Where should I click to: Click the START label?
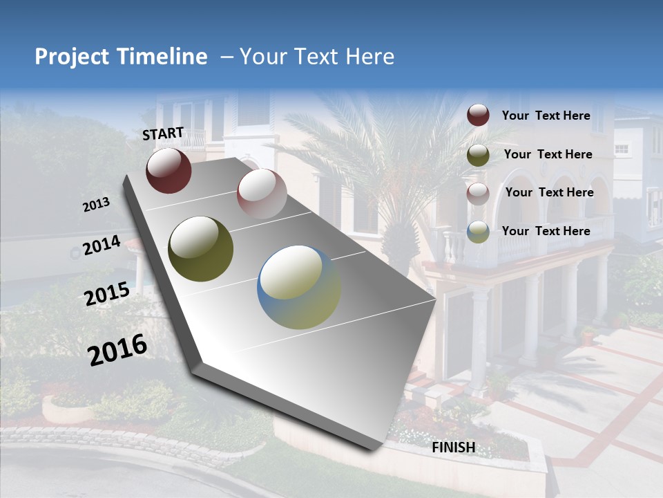click(163, 133)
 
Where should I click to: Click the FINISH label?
click(453, 448)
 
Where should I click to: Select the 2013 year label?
click(96, 204)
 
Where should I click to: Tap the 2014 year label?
click(102, 246)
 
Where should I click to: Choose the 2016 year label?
click(117, 350)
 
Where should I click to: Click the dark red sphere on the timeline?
click(169, 170)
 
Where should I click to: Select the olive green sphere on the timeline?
click(200, 249)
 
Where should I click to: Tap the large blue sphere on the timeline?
click(299, 287)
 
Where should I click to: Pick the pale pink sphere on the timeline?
click(262, 193)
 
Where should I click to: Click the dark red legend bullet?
click(478, 116)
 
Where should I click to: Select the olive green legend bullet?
click(478, 155)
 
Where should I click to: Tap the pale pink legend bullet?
click(478, 193)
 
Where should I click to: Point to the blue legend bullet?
click(478, 232)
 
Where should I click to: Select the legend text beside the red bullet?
click(546, 116)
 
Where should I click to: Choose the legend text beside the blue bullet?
click(546, 231)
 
